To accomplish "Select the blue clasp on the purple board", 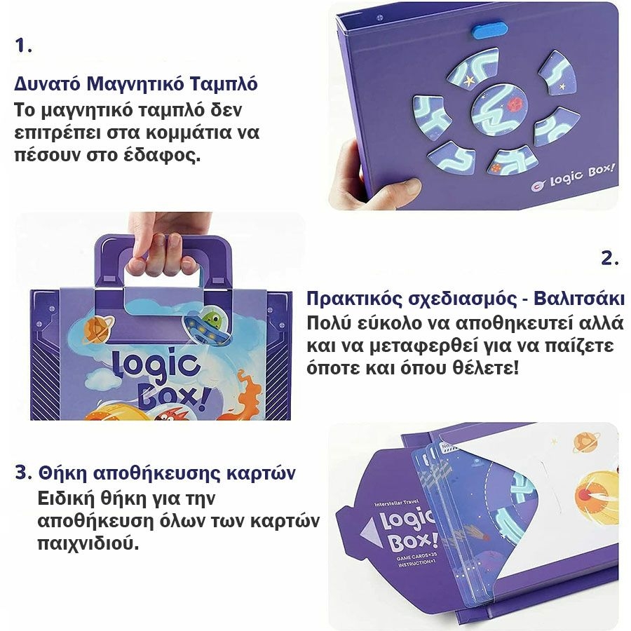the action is coord(490,31).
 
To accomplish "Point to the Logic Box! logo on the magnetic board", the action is coord(573,177).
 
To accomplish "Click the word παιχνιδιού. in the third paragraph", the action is coord(88,543).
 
